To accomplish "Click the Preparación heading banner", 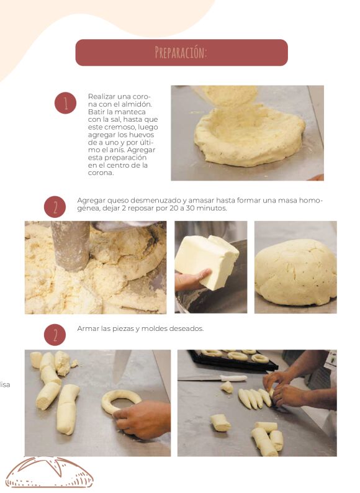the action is coord(181,53).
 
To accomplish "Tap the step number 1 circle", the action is coord(65,103).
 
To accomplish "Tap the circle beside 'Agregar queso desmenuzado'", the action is coord(55,207).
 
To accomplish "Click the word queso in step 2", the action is coord(117,201).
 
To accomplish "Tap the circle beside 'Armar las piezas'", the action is coord(55,335).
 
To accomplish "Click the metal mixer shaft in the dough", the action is coord(71,246).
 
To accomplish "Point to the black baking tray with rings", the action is coord(233,360).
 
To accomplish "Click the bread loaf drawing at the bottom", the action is coord(50,473).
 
